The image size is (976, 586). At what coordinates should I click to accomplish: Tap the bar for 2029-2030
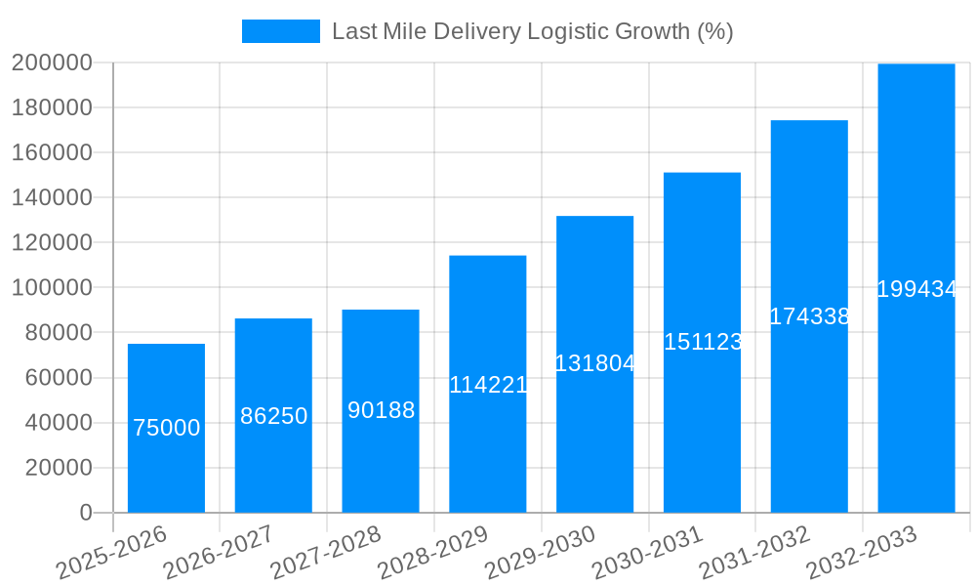pyautogui.click(x=594, y=439)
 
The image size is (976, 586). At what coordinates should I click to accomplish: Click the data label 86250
pyautogui.click(x=273, y=416)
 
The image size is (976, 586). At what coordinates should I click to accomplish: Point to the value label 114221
pyautogui.click(x=488, y=385)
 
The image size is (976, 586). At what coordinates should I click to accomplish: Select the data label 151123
pyautogui.click(x=703, y=342)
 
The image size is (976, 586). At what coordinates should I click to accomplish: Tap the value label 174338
pyautogui.click(x=809, y=316)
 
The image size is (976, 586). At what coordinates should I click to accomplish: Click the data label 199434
pyautogui.click(x=916, y=289)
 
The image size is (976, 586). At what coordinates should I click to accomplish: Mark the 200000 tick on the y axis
pyautogui.click(x=51, y=63)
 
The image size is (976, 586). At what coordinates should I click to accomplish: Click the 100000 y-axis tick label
pyautogui.click(x=51, y=288)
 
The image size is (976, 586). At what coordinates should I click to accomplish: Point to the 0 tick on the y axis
pyautogui.click(x=86, y=513)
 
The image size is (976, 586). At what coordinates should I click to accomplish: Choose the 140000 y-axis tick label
pyautogui.click(x=51, y=198)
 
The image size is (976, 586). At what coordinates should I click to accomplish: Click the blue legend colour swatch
pyautogui.click(x=280, y=31)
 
